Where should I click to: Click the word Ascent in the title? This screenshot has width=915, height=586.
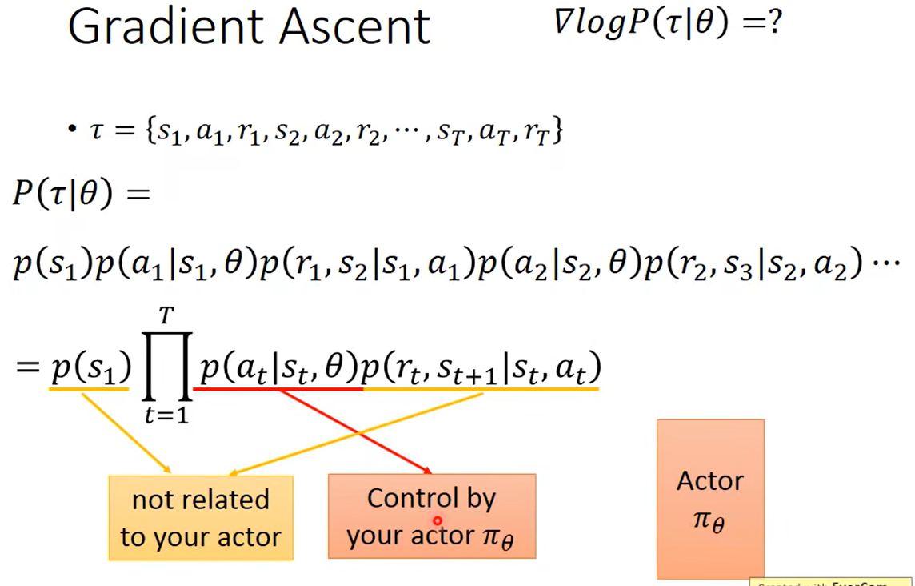coord(355,27)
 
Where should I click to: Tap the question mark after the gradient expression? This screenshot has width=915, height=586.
coord(773,23)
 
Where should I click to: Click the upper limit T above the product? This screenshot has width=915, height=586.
coord(166,316)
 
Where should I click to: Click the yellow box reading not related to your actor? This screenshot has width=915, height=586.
coord(201,517)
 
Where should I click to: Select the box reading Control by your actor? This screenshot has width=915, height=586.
coord(431,516)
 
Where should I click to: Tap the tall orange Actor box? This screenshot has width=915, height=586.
coord(710,498)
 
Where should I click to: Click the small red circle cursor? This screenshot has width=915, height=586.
coord(438,520)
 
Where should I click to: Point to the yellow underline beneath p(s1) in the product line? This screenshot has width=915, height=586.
coord(89,389)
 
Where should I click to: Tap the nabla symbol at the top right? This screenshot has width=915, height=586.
coord(562,22)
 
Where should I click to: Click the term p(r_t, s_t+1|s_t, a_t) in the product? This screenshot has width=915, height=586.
coord(481,368)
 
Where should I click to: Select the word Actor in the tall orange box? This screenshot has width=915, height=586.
coord(710,480)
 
